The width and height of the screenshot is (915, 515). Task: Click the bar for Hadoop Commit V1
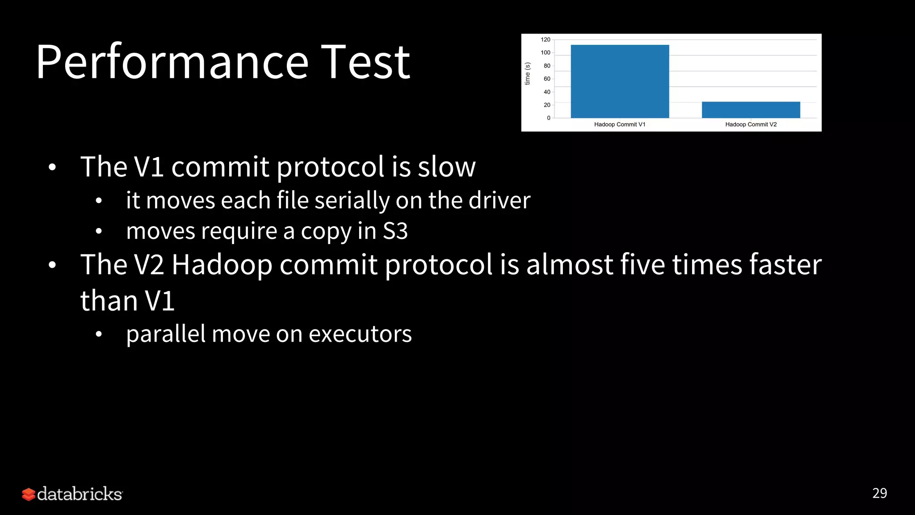pyautogui.click(x=620, y=81)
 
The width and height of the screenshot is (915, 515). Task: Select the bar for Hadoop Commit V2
pyautogui.click(x=751, y=110)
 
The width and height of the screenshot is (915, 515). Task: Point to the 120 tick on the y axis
pyautogui.click(x=546, y=40)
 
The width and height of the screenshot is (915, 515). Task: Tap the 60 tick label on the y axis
pyautogui.click(x=547, y=79)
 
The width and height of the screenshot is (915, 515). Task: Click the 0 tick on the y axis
pyautogui.click(x=549, y=118)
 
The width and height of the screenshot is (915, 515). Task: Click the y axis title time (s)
pyautogui.click(x=527, y=74)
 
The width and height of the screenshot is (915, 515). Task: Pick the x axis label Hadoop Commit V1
pyautogui.click(x=620, y=124)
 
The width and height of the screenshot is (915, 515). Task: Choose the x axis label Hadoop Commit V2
pyautogui.click(x=751, y=124)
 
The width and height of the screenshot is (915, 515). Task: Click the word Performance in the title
pyautogui.click(x=172, y=63)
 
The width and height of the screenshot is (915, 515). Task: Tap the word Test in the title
pyautogui.click(x=365, y=63)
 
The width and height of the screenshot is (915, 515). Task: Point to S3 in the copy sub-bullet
pyautogui.click(x=395, y=231)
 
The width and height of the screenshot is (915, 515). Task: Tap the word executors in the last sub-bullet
pyautogui.click(x=360, y=334)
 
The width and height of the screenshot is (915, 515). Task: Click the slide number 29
pyautogui.click(x=879, y=493)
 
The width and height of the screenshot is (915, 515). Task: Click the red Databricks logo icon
pyautogui.click(x=29, y=494)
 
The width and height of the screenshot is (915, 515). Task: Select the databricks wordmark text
pyautogui.click(x=80, y=494)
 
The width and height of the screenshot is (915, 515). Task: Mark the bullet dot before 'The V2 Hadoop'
pyautogui.click(x=52, y=265)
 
